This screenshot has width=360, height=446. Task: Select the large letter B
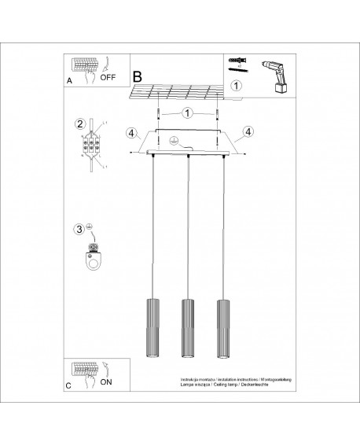pyautogui.click(x=137, y=78)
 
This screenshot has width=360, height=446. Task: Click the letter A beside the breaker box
pyautogui.click(x=70, y=80)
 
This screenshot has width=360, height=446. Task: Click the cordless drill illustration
pyautogui.click(x=274, y=76)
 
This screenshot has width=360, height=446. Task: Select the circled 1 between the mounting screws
pyautogui.click(x=186, y=112)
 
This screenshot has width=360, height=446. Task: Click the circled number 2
pyautogui.click(x=79, y=123)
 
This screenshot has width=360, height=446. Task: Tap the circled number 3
pyautogui.click(x=79, y=230)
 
